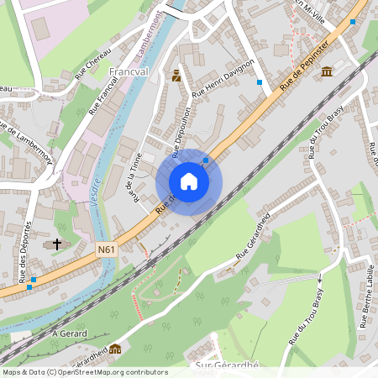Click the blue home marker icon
tap(189, 181)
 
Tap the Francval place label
tap(129, 72)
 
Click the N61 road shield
tap(106, 249)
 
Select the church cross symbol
tap(57, 244)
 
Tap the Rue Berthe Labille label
tap(367, 293)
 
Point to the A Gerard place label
tap(70, 333)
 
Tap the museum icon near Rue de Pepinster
tap(326, 72)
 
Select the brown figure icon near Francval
tap(176, 76)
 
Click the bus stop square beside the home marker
tap(206, 159)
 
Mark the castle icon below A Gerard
tap(114, 349)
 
